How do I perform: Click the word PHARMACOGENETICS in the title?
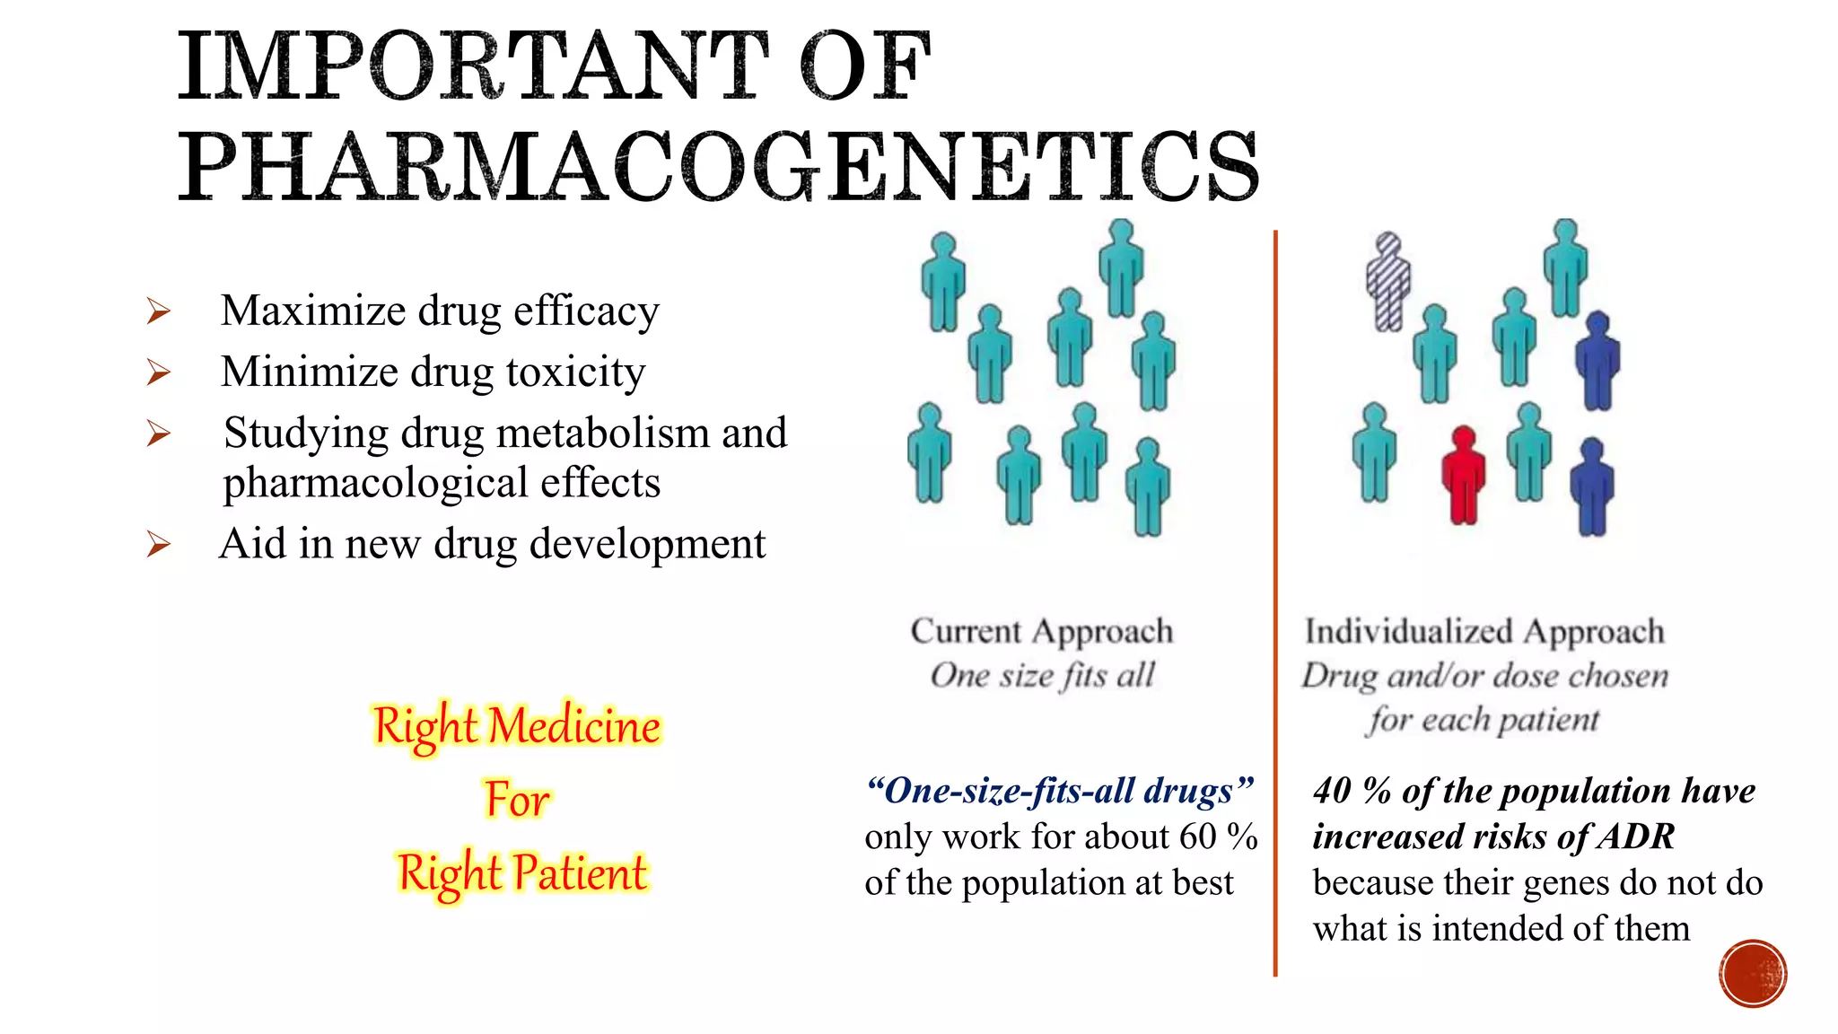[x=718, y=167]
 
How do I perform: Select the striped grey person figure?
[x=1387, y=282]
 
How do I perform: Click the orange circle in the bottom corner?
[x=1753, y=974]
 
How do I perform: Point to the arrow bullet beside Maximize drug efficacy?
[x=159, y=311]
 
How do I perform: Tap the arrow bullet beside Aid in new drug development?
[x=159, y=544]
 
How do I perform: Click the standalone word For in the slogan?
[x=517, y=799]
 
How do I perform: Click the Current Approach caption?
[x=1042, y=631]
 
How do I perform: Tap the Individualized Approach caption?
[x=1484, y=631]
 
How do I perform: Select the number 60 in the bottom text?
[x=1197, y=837]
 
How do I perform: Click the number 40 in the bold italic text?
[x=1333, y=791]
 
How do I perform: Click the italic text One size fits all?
[x=1042, y=675]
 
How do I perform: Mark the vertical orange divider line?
[x=1274, y=601]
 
